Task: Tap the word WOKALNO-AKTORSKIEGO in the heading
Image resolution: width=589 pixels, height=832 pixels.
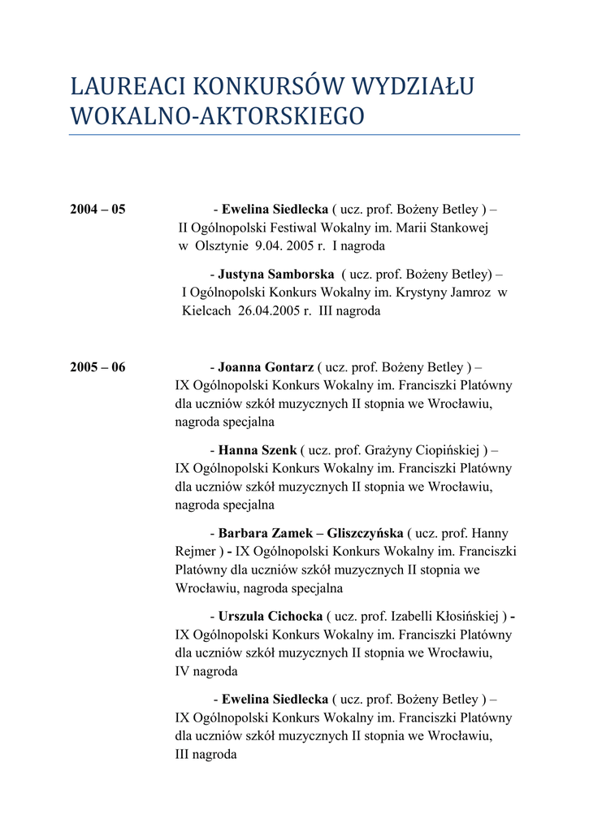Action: [x=218, y=116]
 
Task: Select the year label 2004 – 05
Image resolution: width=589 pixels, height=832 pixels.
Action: [x=97, y=210]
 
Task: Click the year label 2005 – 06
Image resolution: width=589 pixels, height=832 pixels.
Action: [x=97, y=367]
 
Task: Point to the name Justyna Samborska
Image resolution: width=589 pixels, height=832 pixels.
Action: [x=276, y=274]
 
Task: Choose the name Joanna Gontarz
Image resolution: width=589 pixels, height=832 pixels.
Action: [x=266, y=367]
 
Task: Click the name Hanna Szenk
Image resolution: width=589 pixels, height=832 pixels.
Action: [x=258, y=450]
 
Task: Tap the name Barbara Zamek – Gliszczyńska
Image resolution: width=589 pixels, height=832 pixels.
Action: [x=310, y=533]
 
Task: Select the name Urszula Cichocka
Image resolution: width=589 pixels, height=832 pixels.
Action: [x=271, y=617]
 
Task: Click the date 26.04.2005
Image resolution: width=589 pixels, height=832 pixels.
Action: [x=269, y=311]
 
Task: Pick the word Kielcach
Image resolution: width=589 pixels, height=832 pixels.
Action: [x=206, y=311]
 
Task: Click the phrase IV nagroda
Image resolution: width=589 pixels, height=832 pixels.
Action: [x=206, y=672]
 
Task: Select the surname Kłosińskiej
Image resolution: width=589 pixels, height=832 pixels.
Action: [x=464, y=617]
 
